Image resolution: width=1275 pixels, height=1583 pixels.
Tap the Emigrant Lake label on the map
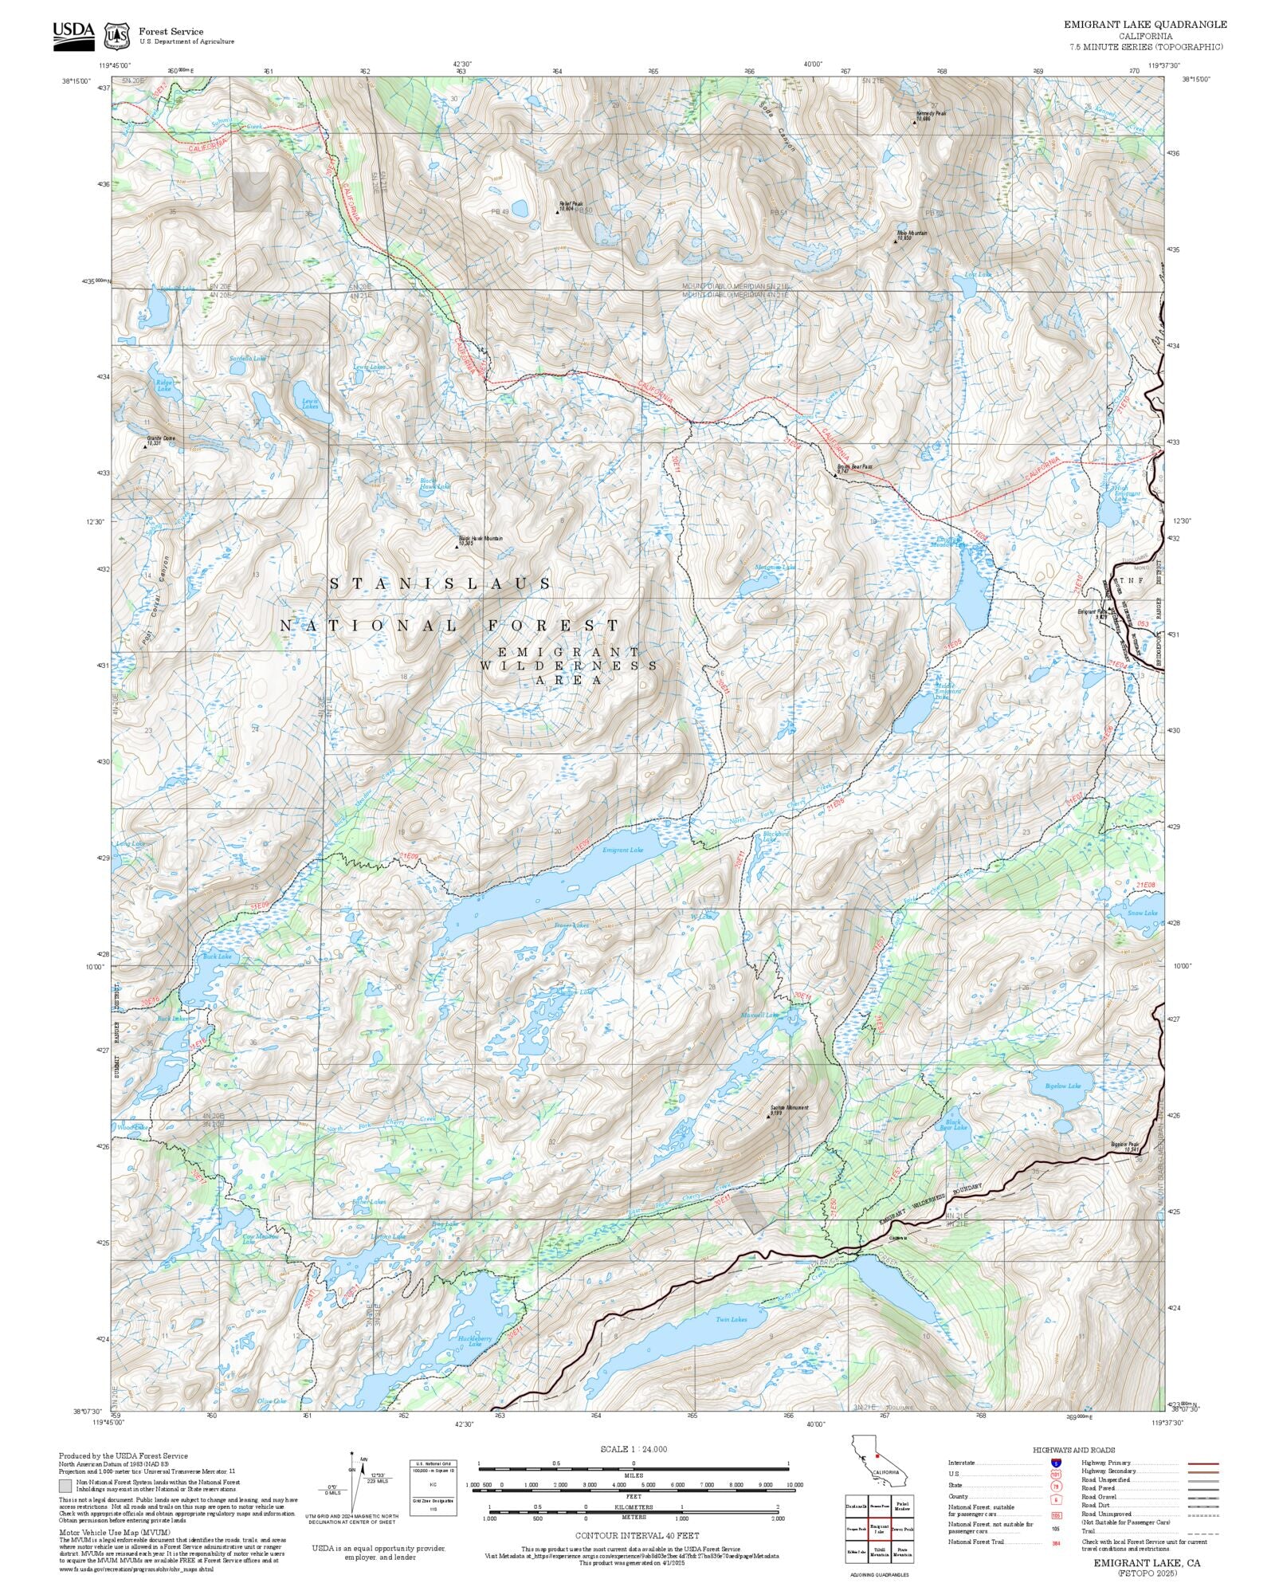622,850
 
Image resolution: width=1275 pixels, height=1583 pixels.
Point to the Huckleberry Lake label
470,1340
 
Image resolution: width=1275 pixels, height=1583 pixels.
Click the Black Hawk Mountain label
481,540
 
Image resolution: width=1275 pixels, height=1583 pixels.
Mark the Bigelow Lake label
1063,1086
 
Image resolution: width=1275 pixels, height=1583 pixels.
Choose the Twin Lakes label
731,1319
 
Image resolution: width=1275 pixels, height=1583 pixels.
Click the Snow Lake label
1142,913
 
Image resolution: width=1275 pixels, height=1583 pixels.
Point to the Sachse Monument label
789,1109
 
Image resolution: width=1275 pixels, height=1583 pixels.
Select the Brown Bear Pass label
854,469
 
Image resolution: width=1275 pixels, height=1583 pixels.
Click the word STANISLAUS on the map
441,584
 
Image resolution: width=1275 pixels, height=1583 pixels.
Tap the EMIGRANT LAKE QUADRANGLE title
1145,25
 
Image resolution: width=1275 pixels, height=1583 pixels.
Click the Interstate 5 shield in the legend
1056,1463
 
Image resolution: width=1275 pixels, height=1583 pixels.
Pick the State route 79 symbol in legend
1056,1486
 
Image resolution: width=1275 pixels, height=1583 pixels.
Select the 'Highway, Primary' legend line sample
1203,1463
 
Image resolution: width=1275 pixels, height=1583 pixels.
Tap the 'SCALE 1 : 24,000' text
634,1449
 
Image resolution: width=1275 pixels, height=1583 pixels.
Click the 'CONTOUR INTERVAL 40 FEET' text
637,1535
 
